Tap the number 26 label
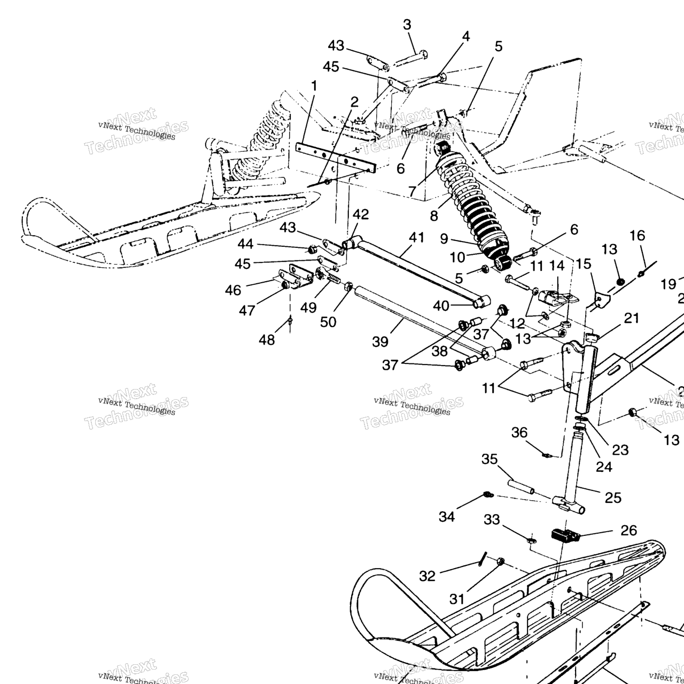coord(628,530)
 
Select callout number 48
coord(267,340)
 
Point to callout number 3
coord(407,25)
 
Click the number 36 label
coord(519,432)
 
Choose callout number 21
coord(631,318)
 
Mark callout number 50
coord(328,323)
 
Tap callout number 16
coord(638,236)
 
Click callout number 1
coord(314,86)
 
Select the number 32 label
coord(428,576)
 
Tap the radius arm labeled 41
coord(417,270)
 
